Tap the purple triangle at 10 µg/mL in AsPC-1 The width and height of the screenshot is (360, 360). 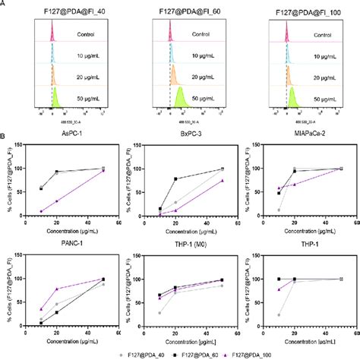click(40, 211)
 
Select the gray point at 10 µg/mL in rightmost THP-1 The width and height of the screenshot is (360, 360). click(279, 314)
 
